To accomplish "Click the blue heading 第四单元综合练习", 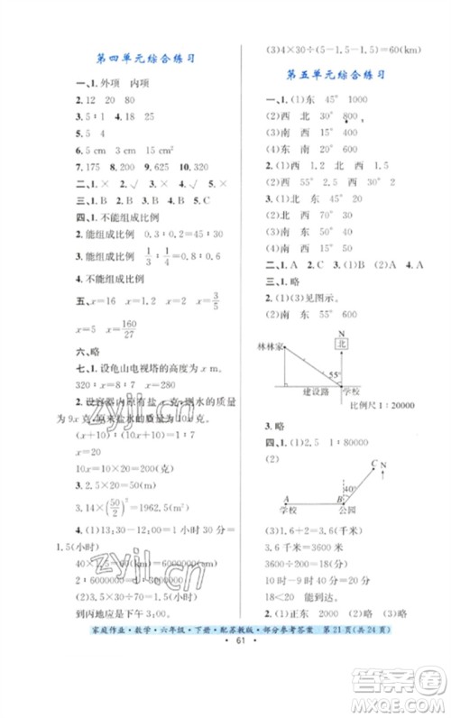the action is coord(147,58).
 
